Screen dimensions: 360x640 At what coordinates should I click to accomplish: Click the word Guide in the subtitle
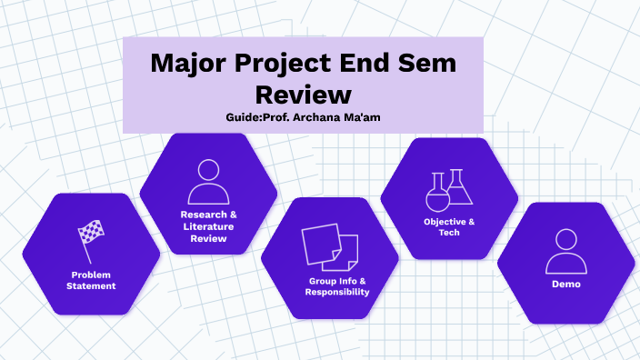point(243,117)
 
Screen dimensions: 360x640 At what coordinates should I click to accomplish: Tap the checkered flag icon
point(91,242)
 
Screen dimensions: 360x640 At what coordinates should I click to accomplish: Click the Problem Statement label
point(91,280)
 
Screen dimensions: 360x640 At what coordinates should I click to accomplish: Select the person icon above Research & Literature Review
point(208,182)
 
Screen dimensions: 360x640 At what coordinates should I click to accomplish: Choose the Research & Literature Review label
point(208,226)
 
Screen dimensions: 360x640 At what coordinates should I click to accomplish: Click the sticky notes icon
point(329,247)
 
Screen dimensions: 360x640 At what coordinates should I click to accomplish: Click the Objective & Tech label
point(449,227)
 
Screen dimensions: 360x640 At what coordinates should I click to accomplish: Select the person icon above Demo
point(565,251)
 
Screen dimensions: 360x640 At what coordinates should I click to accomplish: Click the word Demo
point(565,285)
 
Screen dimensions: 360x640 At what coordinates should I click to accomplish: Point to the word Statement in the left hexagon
point(91,286)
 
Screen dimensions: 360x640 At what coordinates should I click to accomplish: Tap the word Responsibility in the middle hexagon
point(337,293)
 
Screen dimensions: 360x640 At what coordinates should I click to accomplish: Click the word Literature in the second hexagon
point(208,226)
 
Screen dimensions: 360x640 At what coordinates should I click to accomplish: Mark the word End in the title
point(372,65)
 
